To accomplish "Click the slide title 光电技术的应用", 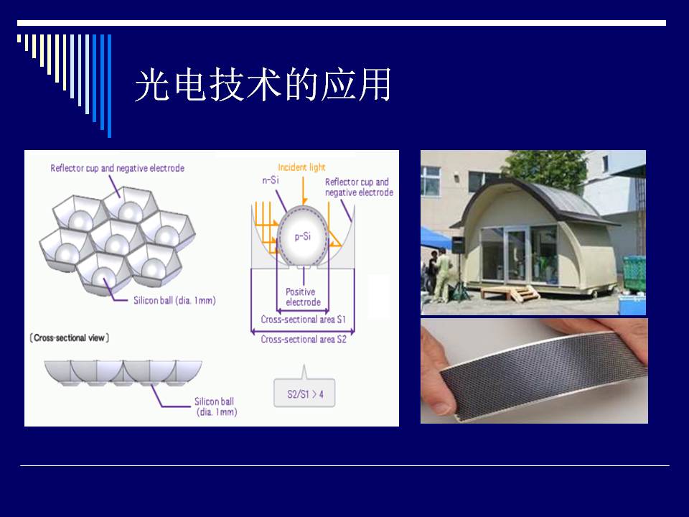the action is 263,85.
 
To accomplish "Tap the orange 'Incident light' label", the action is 301,167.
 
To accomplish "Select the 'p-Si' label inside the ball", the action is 302,236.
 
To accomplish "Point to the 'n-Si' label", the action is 271,180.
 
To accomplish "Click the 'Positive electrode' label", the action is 303,297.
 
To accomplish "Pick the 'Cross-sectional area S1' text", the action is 303,319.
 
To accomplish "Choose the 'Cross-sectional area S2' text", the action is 303,339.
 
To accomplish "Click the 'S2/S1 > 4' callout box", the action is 304,393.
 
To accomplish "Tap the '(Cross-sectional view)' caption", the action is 70,337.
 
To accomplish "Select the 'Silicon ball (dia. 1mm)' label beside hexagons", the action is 174,300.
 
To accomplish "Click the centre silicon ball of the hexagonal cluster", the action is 117,244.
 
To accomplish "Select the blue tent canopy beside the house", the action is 435,238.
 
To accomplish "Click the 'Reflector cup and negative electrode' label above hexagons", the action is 117,168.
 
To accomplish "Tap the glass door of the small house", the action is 515,256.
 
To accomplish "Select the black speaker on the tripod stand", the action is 459,245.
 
